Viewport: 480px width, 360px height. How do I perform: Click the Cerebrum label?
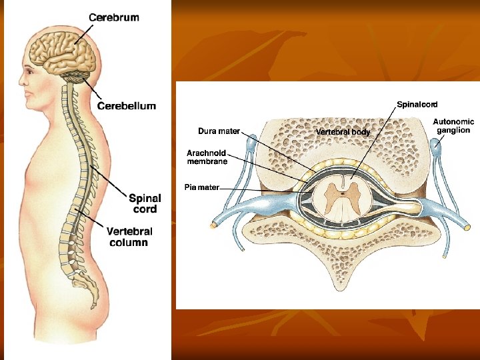[x=114, y=18]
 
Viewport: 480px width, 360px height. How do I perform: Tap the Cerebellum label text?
[x=127, y=105]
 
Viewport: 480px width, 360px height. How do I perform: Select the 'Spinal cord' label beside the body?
[x=145, y=203]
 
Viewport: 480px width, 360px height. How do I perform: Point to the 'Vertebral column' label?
[x=129, y=237]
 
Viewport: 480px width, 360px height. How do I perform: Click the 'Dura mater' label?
[x=219, y=131]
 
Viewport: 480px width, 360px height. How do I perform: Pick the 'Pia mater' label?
[x=201, y=187]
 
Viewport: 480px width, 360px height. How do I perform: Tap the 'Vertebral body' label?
[x=343, y=132]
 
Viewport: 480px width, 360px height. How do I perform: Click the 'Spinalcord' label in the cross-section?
[x=417, y=105]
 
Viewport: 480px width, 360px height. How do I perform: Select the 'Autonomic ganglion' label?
[x=454, y=126]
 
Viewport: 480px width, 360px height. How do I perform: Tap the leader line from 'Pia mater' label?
[x=260, y=189]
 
